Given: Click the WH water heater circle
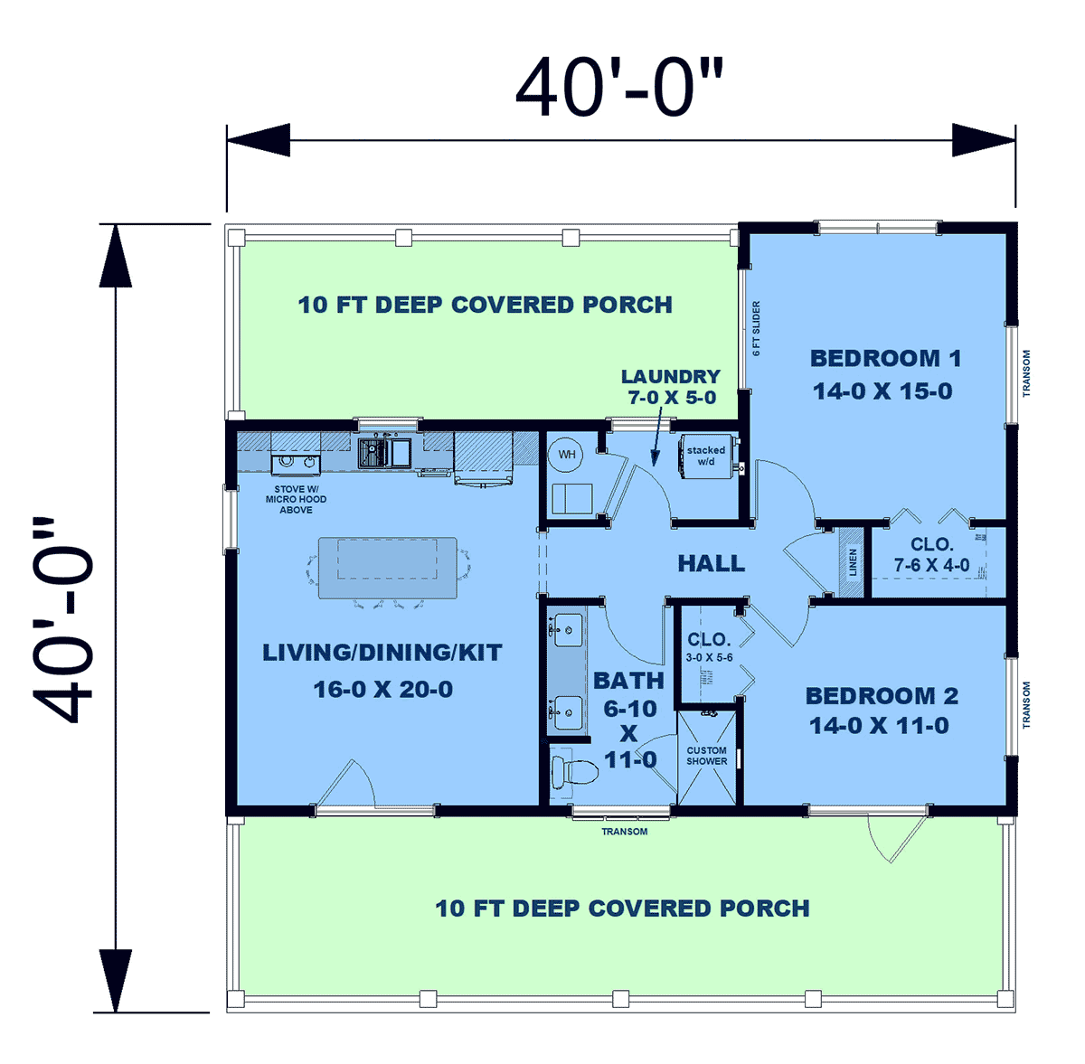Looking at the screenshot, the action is point(566,455).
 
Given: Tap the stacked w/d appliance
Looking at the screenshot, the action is point(707,456).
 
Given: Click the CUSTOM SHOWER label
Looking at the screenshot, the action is point(707,756).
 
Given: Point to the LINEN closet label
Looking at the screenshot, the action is point(853,562).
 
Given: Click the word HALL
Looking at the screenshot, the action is point(712,563).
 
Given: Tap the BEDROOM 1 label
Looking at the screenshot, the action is point(886,358).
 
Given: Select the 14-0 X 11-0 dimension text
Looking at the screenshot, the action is point(879,725).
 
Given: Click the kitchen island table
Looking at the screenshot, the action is point(388,568).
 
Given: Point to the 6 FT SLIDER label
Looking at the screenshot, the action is point(756,327).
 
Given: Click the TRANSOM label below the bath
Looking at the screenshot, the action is point(625,832).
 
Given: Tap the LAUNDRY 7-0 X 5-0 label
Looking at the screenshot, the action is point(671,386).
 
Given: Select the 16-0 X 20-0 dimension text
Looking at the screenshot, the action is point(382,689).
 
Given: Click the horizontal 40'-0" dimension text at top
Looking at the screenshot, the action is point(619,88).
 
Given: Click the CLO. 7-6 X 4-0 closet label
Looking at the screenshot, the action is point(932,554).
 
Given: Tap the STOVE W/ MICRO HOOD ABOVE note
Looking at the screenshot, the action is point(297,499).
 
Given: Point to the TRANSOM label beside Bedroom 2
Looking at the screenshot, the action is point(1026,705).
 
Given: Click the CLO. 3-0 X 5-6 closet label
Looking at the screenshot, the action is point(710,647).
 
